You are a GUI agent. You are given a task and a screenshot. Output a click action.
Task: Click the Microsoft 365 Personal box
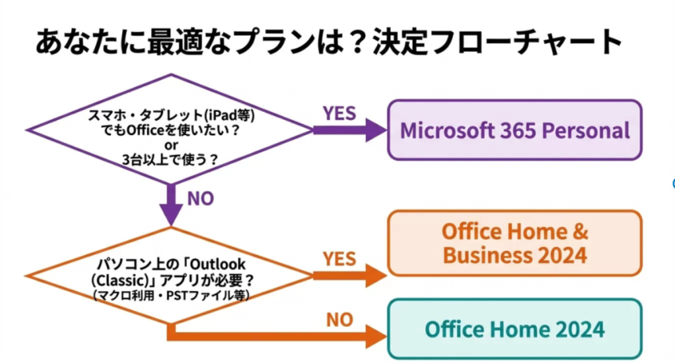click(x=514, y=130)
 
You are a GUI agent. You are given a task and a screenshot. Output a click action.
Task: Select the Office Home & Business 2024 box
click(x=514, y=242)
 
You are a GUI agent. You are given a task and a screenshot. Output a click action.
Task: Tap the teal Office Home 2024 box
click(x=514, y=329)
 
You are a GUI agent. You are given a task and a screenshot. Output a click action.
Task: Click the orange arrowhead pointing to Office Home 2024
click(x=376, y=337)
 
